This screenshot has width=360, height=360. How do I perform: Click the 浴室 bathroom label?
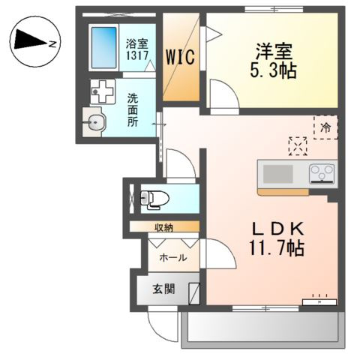pos(136,43)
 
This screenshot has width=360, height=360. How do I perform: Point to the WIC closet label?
pos(181,56)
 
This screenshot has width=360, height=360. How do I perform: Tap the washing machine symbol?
pos(100,92)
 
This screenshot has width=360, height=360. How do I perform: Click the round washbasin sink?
pos(95,123)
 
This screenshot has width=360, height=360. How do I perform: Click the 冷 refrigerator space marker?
pos(326,127)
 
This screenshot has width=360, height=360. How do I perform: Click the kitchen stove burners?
pos(322,174)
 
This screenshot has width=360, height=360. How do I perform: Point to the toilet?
pos(154,199)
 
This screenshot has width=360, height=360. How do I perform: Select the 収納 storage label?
pos(165,226)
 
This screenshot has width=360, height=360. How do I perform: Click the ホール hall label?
pos(172,256)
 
